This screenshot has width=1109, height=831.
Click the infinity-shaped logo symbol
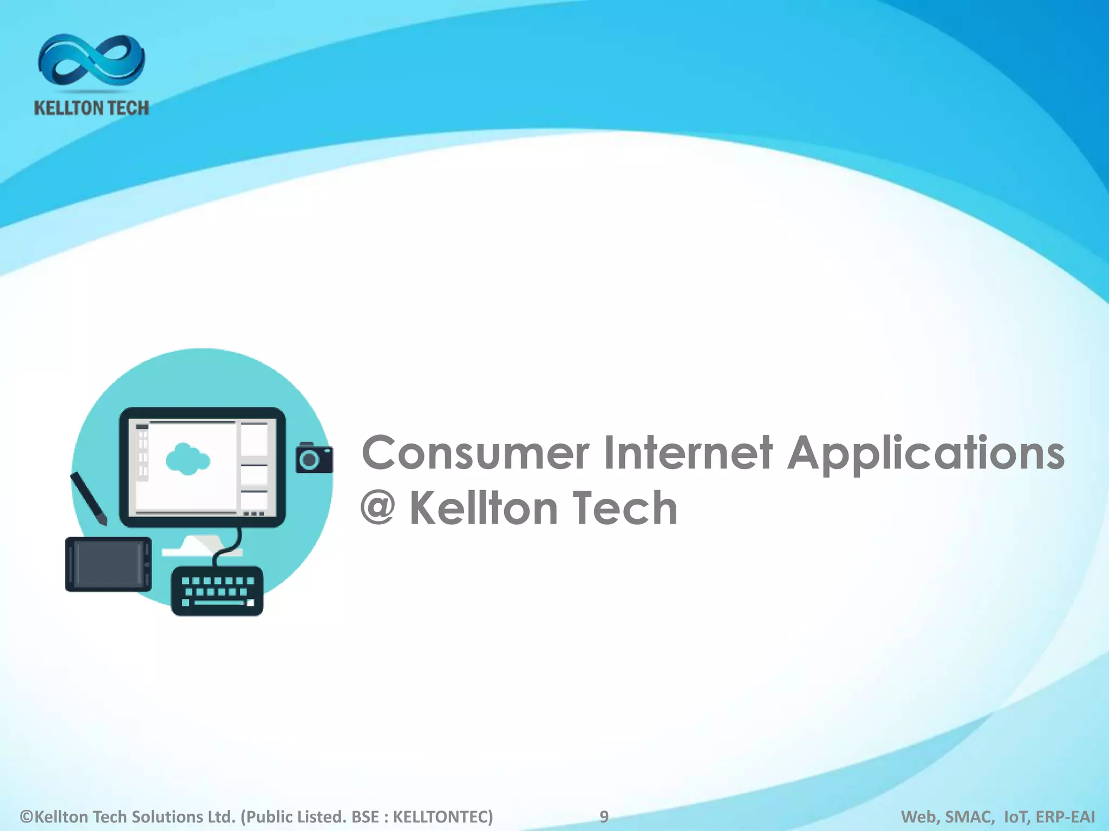(x=92, y=63)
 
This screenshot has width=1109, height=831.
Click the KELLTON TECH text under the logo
(x=92, y=108)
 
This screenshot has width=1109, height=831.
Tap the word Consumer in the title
(x=475, y=453)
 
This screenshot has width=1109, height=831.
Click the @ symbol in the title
(x=377, y=507)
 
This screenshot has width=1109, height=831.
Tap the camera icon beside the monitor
(x=314, y=458)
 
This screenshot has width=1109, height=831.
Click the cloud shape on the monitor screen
(x=187, y=459)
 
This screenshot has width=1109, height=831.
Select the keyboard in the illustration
(x=217, y=591)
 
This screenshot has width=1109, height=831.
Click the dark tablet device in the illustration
(x=108, y=564)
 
